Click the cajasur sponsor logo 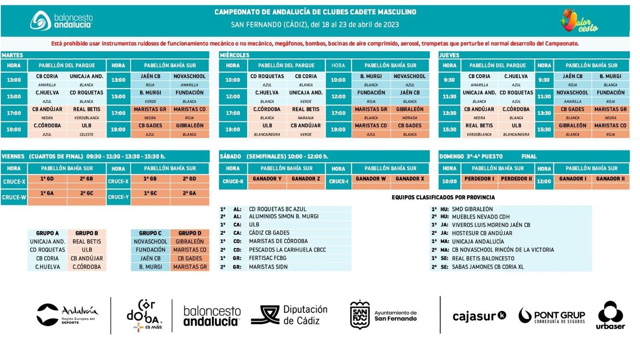479,316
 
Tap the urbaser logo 610,316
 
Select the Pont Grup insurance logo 552,316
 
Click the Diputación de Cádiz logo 289,315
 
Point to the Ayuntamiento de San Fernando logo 383,315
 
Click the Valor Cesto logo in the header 579,21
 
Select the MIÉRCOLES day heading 234,55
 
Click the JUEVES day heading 449,55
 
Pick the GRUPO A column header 47,233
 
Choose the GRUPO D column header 190,233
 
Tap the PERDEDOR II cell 516,179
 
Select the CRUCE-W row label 14,197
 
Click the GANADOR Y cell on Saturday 267,179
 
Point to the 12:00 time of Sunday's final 544,182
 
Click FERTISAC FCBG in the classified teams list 268,258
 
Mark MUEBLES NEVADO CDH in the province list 481,217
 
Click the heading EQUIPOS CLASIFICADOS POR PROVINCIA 443,197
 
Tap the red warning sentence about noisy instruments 315,44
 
